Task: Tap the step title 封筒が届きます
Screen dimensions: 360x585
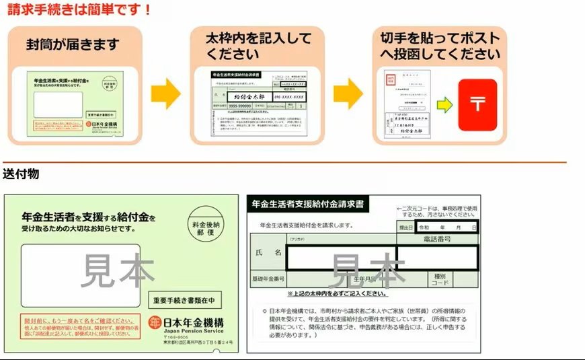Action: point(73,44)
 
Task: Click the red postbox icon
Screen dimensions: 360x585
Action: point(477,105)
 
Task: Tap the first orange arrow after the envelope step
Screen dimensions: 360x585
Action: point(165,93)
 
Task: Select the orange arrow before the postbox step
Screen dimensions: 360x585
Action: point(348,93)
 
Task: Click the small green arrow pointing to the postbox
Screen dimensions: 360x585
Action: point(444,105)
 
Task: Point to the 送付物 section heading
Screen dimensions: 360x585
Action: point(21,174)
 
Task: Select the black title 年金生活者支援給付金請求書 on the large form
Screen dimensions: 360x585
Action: point(308,203)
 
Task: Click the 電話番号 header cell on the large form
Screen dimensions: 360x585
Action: point(438,239)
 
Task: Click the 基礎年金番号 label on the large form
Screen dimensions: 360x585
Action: point(268,279)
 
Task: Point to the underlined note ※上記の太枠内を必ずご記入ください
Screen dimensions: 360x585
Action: point(337,293)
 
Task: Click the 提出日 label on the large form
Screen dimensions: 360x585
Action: point(406,228)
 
